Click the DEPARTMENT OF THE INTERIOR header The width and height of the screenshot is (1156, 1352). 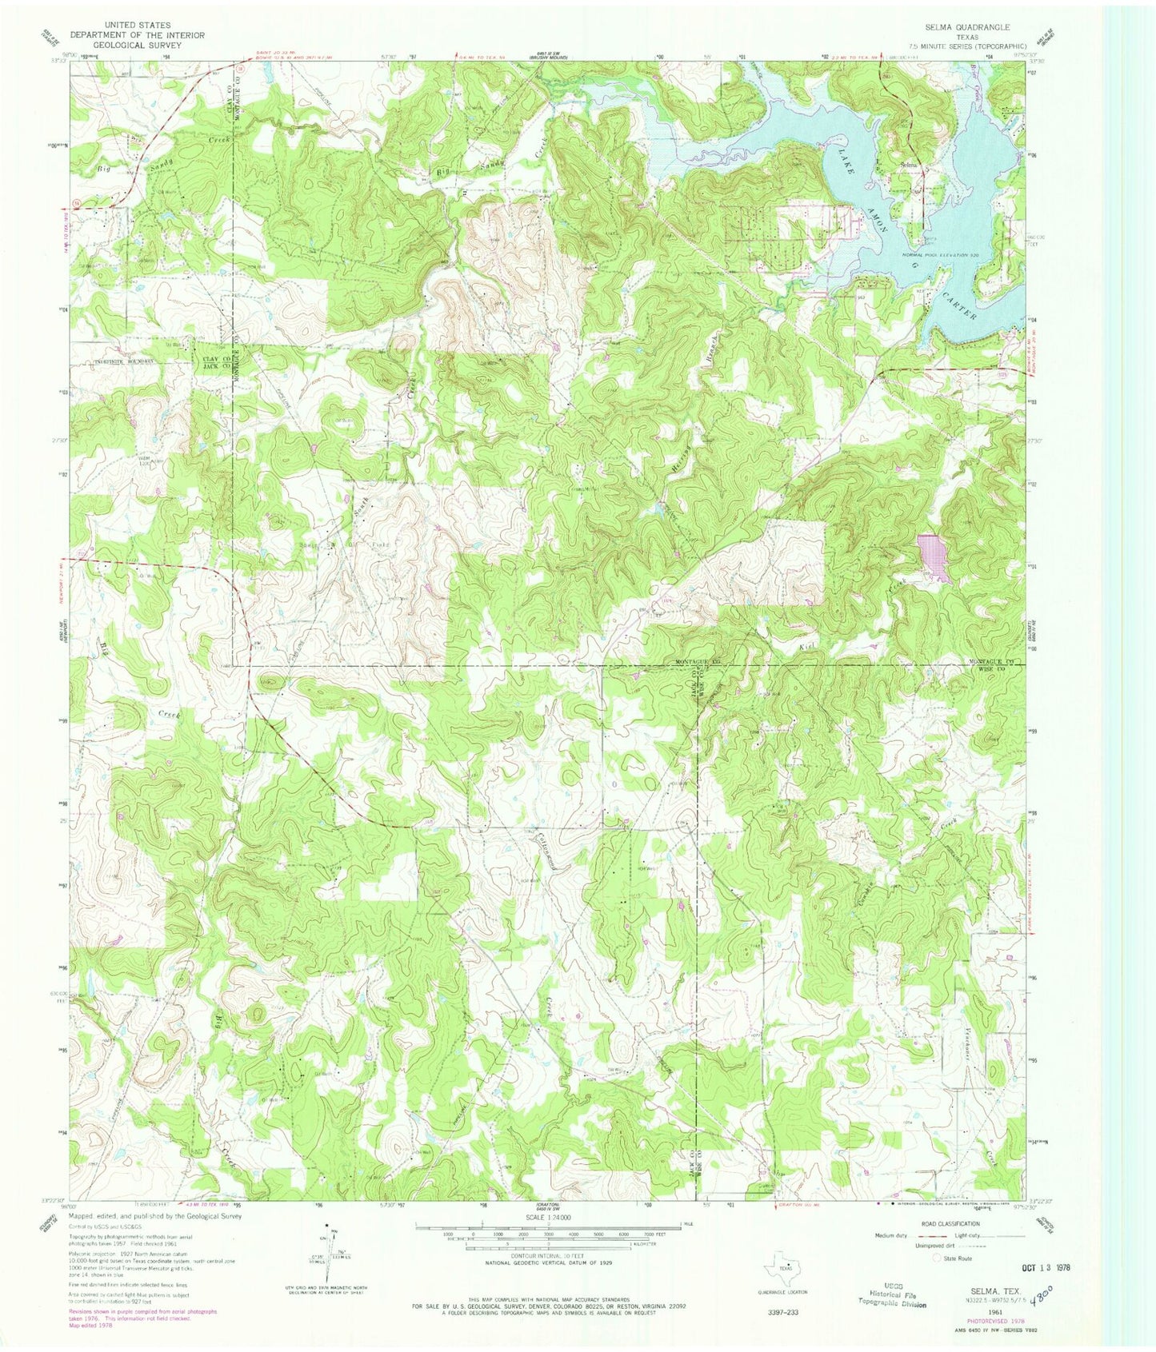[137, 35]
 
